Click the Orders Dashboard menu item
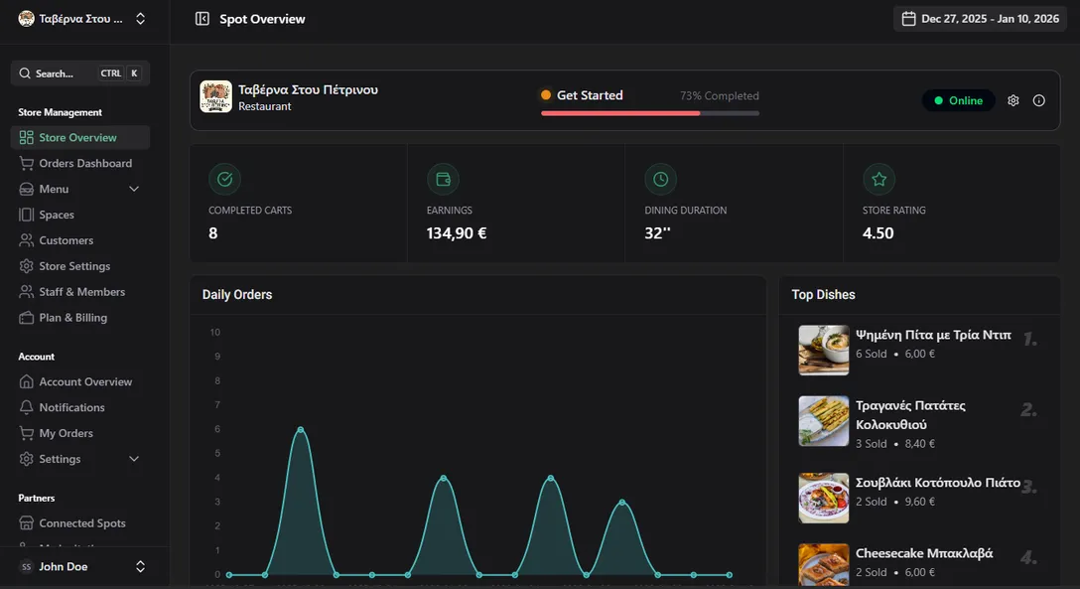coord(84,163)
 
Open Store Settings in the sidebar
coord(74,266)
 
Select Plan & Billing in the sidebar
coord(72,318)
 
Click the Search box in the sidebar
coord(79,74)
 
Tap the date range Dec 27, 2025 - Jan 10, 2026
coord(980,19)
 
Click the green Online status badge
coord(958,100)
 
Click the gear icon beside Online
coord(1013,100)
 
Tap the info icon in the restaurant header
coord(1039,100)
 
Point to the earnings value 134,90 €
coord(457,233)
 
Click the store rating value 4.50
coord(878,233)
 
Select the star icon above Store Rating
coord(878,180)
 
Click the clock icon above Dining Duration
coord(660,180)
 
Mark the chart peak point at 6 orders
coord(301,429)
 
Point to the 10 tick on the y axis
coord(215,333)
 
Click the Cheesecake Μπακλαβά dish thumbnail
coord(824,563)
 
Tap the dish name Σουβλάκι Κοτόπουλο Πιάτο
coord(937,483)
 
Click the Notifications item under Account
coord(71,407)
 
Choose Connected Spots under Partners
coord(81,523)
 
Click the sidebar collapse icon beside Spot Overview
coord(202,19)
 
